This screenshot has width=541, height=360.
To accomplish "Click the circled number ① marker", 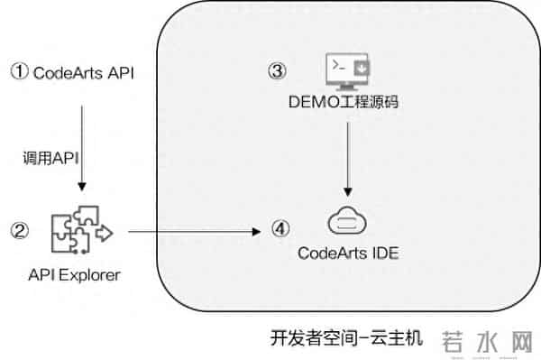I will click(19, 71).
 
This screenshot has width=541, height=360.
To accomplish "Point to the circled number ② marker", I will click(19, 231).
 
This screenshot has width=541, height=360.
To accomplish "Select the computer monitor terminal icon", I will click(347, 70).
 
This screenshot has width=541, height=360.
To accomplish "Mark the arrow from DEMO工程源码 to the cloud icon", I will click(348, 157).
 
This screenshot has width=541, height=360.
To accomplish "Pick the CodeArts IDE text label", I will click(348, 253).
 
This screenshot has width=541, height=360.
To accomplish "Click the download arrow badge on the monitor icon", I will click(361, 67).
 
